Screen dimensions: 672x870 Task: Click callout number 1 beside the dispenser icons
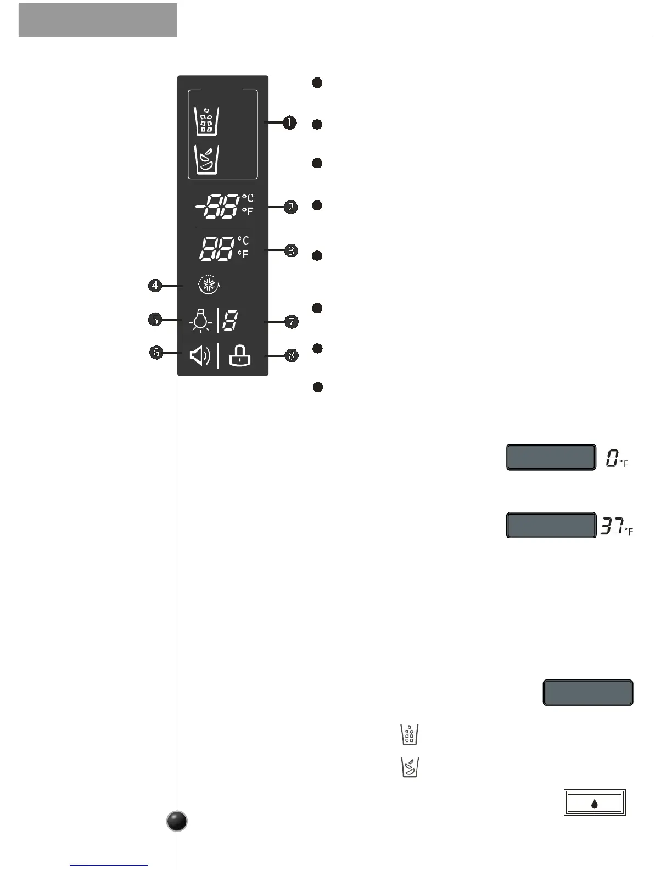[289, 122]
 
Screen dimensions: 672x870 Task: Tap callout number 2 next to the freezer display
[290, 207]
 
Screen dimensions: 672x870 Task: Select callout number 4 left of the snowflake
[155, 286]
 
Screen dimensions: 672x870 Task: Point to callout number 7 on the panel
[291, 322]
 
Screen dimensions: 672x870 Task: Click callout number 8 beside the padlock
[292, 355]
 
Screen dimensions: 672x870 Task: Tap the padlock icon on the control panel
[239, 356]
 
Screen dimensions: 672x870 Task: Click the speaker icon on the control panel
[200, 356]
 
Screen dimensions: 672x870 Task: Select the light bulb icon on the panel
[201, 320]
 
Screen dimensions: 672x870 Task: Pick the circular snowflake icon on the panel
[208, 285]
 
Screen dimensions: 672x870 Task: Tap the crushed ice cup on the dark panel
[207, 159]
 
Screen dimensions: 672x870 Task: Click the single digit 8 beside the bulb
[230, 320]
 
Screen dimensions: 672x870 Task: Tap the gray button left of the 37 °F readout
[551, 526]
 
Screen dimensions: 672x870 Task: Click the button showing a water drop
[595, 804]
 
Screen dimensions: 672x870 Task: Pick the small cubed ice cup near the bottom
[410, 734]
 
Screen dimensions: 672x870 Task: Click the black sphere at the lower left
[177, 822]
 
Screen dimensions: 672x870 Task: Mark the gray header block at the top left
[98, 20]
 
